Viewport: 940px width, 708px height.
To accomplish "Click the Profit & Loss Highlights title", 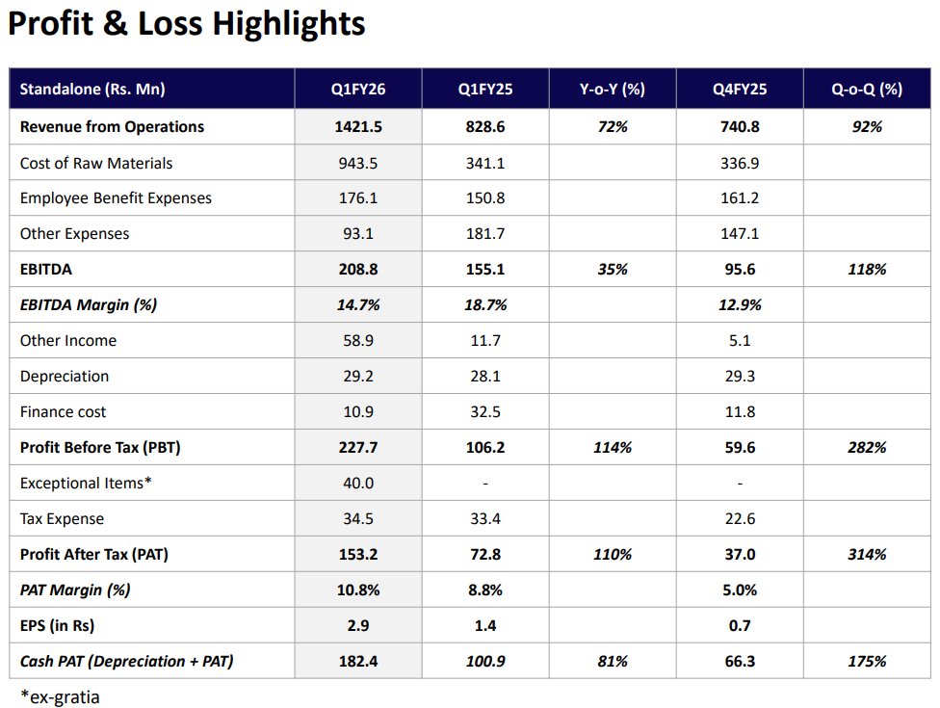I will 187,23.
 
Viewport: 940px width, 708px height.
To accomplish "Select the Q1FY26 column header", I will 358,90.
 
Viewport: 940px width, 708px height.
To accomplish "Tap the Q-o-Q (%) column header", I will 867,90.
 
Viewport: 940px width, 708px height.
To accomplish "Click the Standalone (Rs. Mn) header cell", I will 92,90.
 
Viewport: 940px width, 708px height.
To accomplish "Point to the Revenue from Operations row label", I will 112,126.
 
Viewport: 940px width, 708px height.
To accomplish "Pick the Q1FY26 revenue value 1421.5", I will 358,126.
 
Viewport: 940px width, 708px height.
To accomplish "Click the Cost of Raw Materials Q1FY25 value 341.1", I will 484,163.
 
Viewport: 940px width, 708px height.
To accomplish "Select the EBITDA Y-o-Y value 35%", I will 612,270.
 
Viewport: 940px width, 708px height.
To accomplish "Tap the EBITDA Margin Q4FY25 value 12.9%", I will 739,305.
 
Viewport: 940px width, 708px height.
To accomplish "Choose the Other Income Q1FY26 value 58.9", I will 358,341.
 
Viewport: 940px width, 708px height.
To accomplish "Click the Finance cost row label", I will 64,412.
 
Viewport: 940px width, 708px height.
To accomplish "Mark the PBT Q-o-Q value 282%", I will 867,448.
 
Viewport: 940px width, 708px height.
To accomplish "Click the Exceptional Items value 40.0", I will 358,484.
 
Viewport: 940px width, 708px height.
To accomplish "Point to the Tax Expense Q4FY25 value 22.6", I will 739,519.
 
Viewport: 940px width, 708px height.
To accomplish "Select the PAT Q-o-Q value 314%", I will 867,555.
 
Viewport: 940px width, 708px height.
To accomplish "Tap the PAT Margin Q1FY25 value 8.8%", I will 484,590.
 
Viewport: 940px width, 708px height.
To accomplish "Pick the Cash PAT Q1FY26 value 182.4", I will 358,662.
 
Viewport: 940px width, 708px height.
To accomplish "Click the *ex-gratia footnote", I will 60,695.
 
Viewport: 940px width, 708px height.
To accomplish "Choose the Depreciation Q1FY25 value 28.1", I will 484,377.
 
